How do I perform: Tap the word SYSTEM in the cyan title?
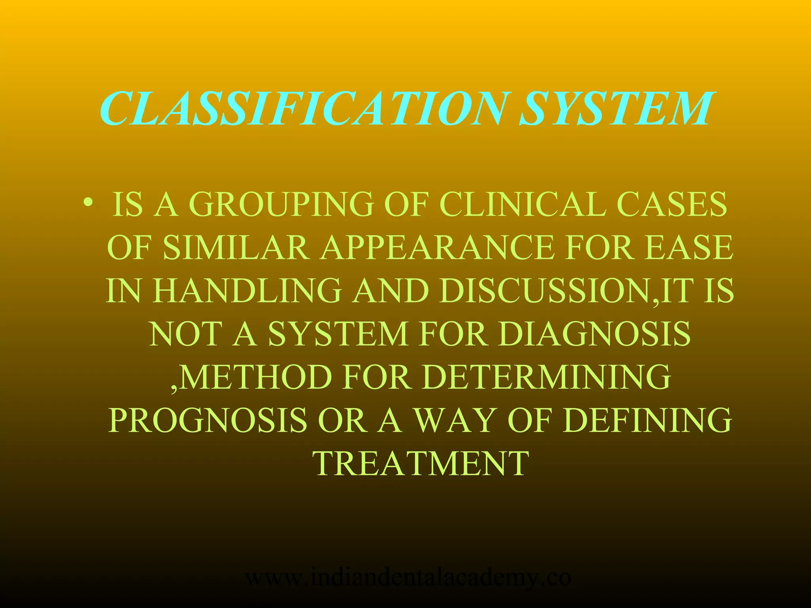click(618, 108)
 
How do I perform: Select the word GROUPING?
click(282, 205)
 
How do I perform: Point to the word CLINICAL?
click(523, 205)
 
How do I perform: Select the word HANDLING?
click(248, 291)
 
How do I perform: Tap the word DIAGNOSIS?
click(594, 334)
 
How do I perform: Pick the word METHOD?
click(256, 377)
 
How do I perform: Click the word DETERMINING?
click(546, 377)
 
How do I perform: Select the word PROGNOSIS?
click(208, 420)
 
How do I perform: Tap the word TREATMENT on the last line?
click(421, 463)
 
